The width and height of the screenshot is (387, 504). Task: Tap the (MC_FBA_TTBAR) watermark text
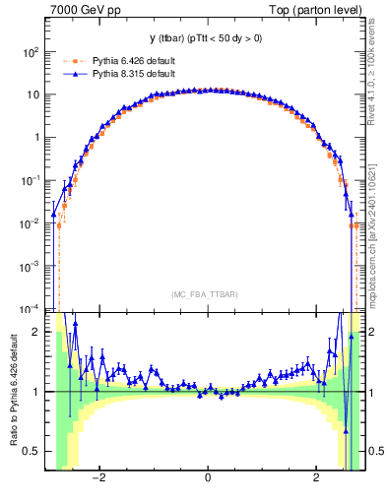coord(207,293)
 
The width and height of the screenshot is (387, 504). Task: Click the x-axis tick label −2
coord(97,478)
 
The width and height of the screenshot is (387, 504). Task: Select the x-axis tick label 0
coord(208,478)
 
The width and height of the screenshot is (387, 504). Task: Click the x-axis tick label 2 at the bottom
coord(316,478)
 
